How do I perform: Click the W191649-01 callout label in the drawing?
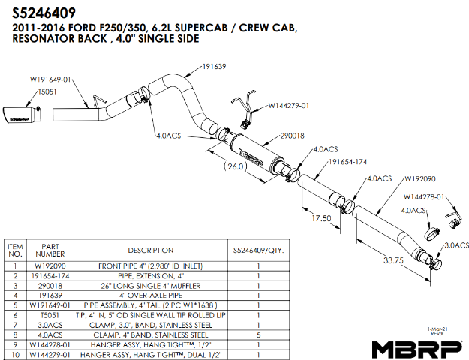coord(50,79)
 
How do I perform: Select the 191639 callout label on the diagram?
coord(214,67)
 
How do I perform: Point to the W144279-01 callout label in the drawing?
coord(289,106)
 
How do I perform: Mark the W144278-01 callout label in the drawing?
coord(424,197)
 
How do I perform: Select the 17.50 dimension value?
coord(321,217)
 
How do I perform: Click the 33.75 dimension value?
coord(394,261)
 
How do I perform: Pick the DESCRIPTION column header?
coord(150,250)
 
